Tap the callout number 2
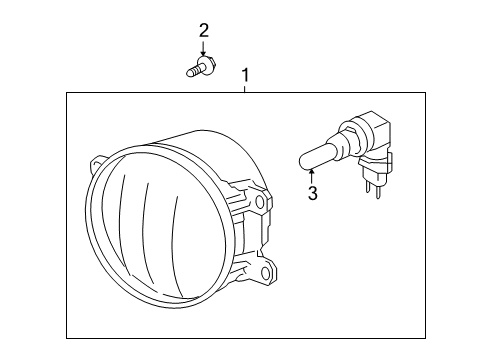[204, 30]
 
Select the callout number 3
[312, 193]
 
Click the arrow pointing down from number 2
[204, 50]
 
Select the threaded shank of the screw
[192, 72]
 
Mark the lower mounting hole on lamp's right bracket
[267, 270]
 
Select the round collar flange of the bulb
[349, 141]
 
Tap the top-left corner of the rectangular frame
[67, 93]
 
